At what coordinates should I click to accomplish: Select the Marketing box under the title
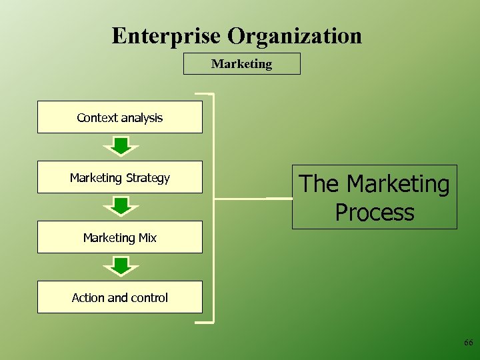coord(241,64)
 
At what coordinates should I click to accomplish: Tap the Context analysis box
coord(119,117)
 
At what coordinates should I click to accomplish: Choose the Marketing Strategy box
coord(119,177)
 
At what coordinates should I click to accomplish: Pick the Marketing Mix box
coord(119,237)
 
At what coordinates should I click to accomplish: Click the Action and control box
coord(119,297)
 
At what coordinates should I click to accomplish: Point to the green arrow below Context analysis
coord(120,145)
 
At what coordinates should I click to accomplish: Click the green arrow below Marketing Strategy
coord(120,205)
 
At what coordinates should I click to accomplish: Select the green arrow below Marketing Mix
coord(120,265)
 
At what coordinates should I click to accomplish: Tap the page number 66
coord(468,343)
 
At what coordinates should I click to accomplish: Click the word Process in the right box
coord(375,213)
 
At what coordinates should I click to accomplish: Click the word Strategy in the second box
coord(148,178)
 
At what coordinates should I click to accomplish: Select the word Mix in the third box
coord(147,237)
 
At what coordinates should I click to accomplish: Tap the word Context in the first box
coord(97,117)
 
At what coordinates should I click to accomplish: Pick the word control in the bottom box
coord(150,297)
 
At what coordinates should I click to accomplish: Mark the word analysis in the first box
coord(141,118)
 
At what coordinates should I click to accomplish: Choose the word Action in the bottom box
coord(88,297)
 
